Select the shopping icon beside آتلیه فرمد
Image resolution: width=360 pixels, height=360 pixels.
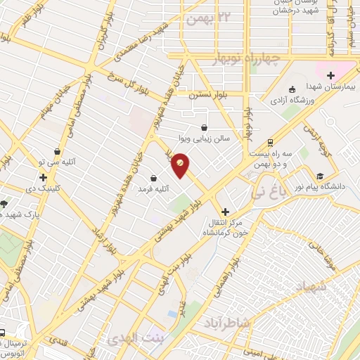pos(154,178)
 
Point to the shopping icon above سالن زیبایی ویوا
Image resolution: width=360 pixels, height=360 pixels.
pos(204,128)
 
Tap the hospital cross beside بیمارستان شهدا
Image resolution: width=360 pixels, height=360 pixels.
pos(330,75)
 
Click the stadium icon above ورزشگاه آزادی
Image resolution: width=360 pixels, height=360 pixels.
pos(292,89)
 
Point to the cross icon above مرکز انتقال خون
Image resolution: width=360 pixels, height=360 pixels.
pos(225,211)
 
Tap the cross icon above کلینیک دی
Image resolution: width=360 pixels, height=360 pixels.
pos(44,178)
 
